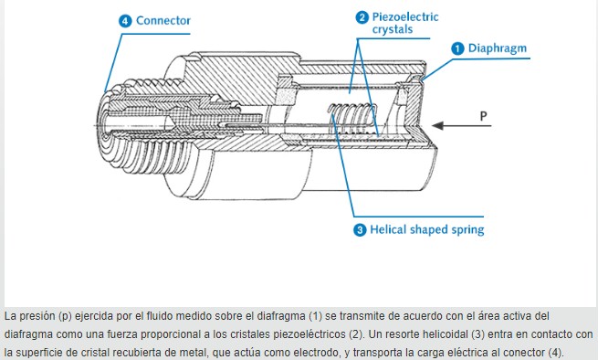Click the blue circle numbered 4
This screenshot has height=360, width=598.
click(x=125, y=21)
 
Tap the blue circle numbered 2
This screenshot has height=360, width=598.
click(x=362, y=17)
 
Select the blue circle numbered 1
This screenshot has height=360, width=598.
click(x=457, y=48)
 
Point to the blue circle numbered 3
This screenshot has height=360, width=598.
click(x=360, y=230)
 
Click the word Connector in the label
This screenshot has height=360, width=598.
click(x=163, y=21)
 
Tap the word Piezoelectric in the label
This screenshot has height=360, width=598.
click(x=405, y=17)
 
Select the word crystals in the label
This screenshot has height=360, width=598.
click(x=393, y=29)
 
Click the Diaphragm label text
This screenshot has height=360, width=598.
click(x=498, y=48)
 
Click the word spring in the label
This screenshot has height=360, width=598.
click(x=468, y=230)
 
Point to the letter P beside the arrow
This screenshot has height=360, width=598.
click(x=483, y=116)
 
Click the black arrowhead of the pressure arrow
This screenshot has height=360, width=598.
click(x=438, y=125)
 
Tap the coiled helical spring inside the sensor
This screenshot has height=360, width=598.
click(x=352, y=118)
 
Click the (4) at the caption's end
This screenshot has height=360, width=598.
click(x=555, y=353)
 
